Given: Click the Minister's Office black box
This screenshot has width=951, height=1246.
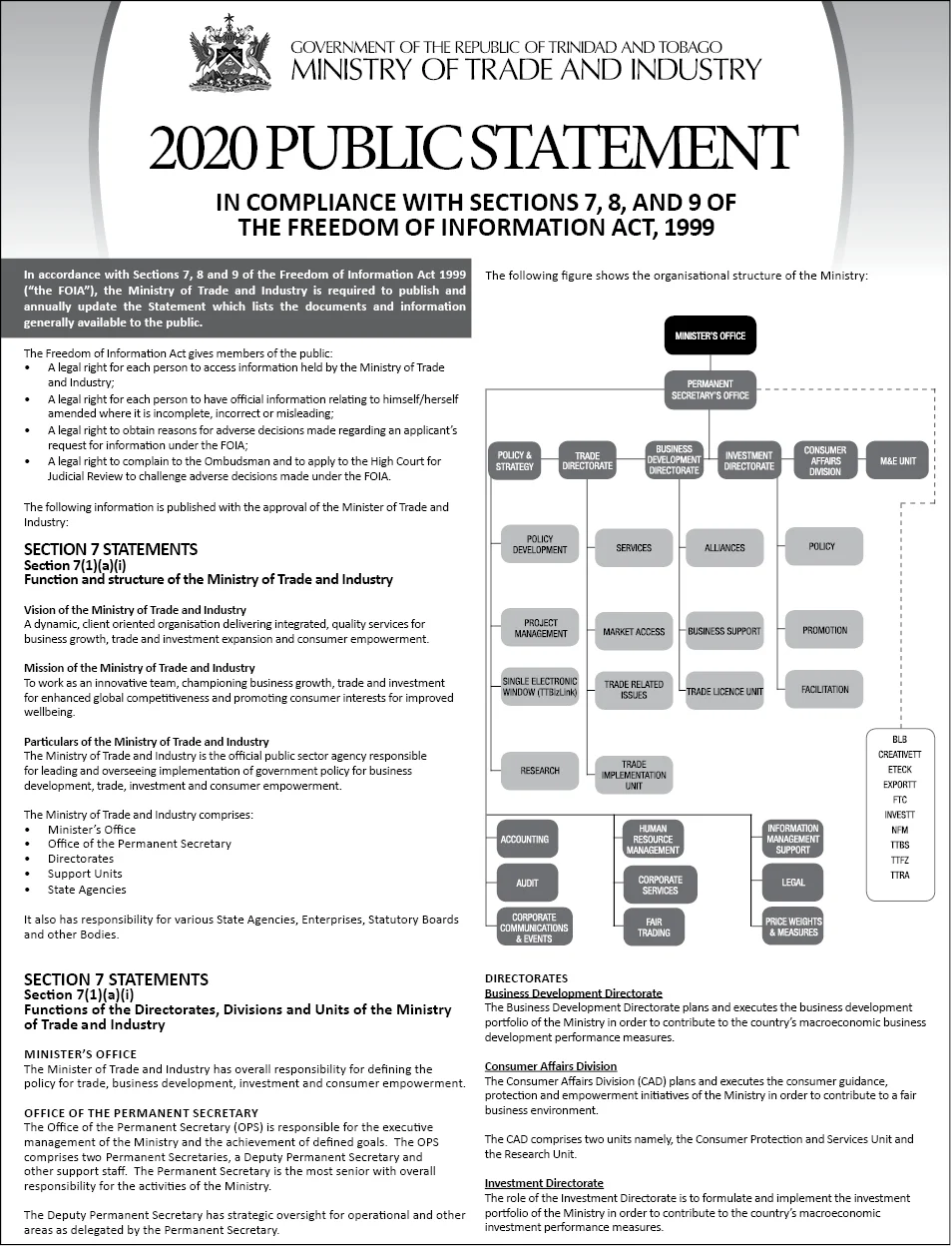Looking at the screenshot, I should point(710,335).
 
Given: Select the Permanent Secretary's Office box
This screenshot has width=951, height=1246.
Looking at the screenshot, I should point(710,389).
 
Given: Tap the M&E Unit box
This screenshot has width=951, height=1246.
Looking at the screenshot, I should point(897,460).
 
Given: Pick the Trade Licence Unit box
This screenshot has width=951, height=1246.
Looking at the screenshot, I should point(724,691).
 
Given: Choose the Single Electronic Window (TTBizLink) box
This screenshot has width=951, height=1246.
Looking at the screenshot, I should point(540,687).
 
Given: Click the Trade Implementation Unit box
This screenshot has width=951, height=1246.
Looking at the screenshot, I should point(634,775).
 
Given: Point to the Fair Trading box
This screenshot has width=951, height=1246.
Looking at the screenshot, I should point(654,928).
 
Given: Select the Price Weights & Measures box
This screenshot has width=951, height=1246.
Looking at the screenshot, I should point(792,927).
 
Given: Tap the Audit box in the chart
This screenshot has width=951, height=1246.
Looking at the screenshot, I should point(527,883).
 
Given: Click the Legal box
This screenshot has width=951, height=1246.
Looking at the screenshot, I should point(792,883).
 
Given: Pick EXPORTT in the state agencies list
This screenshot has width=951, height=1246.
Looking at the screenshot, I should point(899,785).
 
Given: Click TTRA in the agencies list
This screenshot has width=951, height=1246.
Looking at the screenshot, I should point(899,876).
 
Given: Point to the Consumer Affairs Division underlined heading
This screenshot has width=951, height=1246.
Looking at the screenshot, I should point(551,1066).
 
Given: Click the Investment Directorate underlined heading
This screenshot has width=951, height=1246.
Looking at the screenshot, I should point(544,1183).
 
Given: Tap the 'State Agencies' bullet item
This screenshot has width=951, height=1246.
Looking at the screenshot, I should point(87,890).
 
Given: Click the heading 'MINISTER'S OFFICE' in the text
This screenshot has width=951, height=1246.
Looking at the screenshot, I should point(80,1053).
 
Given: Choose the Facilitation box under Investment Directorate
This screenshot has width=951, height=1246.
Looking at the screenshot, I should point(824,689).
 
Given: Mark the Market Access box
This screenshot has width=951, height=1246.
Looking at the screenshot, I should point(634,631).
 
